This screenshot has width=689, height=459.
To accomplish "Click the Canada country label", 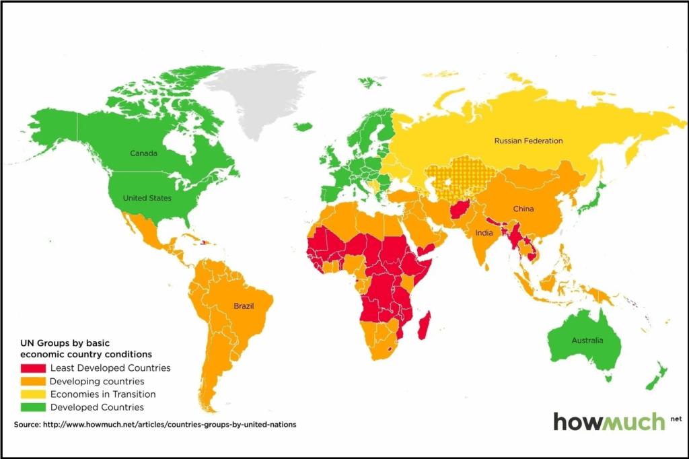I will [143, 153].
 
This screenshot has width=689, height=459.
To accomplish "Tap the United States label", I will [147, 198].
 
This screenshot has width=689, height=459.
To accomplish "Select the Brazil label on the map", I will [244, 306].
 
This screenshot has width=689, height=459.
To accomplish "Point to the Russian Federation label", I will [528, 141].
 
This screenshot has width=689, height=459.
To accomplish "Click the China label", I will [523, 209].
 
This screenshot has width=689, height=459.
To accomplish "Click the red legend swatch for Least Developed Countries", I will [33, 368].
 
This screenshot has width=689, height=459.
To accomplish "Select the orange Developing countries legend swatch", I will [33, 382].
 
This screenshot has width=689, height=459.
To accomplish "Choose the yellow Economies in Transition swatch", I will [33, 394].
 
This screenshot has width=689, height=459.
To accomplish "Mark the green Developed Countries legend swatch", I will [33, 407].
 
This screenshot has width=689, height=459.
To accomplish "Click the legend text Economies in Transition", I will [103, 394].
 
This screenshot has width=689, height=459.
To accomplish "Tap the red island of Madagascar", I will [423, 326].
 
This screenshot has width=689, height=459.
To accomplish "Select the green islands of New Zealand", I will [656, 377].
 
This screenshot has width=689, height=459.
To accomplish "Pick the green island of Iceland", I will [303, 126].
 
